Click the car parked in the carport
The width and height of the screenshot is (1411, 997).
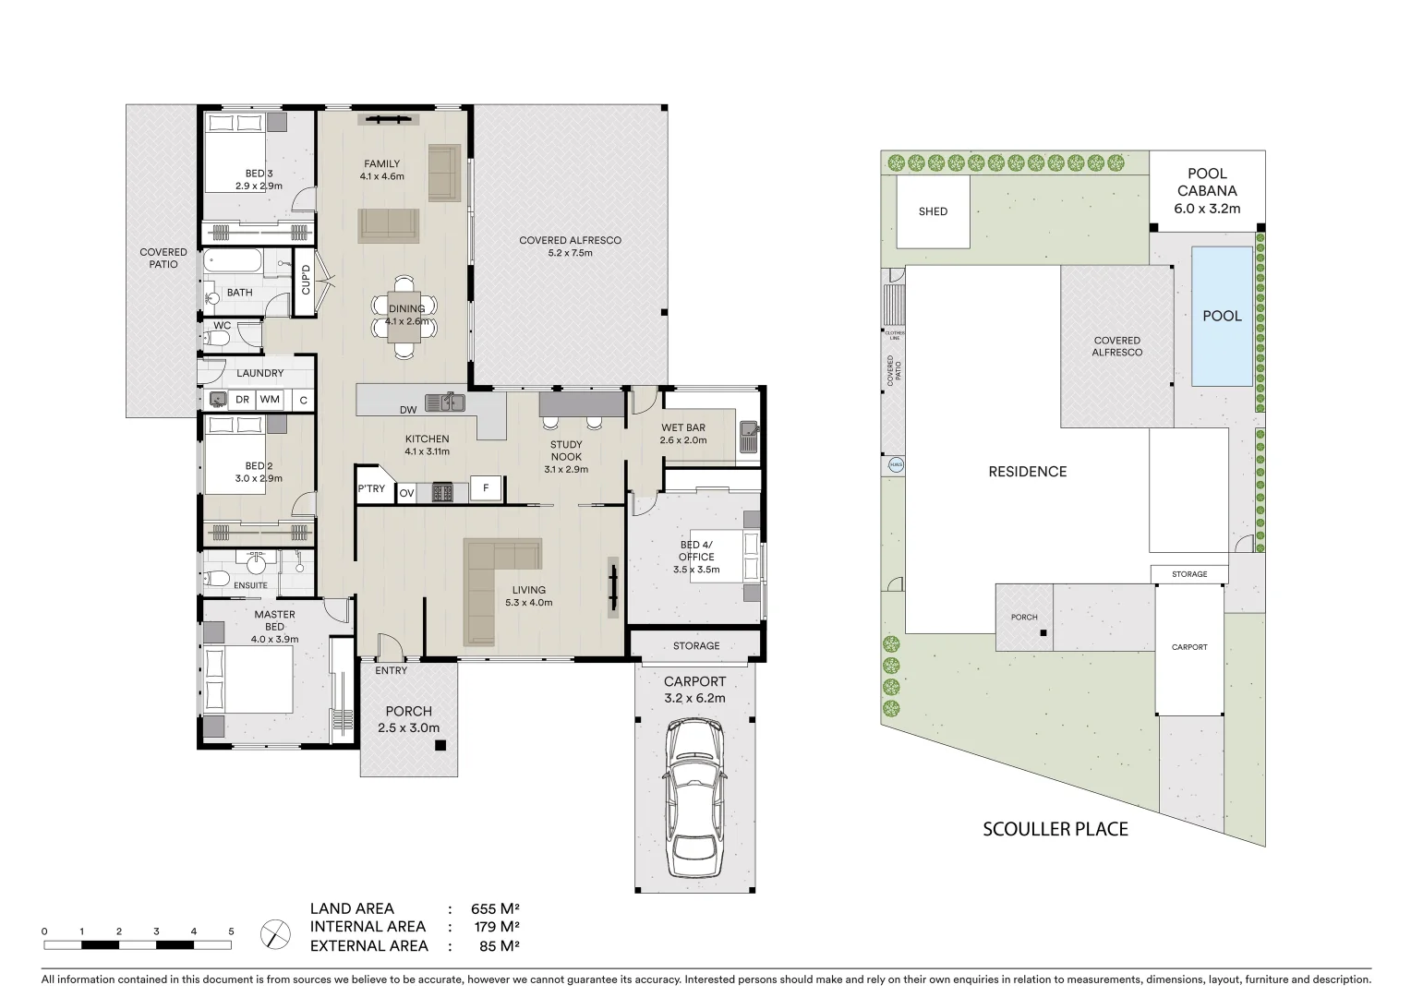point(695,799)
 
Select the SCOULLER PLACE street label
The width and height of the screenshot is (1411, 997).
point(1055,829)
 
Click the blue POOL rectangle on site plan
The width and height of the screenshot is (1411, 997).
point(1222,316)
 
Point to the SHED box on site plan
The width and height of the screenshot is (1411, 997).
point(933,211)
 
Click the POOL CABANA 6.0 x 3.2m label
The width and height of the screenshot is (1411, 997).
point(1207,191)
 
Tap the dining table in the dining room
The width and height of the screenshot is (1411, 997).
point(405,316)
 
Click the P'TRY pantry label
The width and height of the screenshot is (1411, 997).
point(371,489)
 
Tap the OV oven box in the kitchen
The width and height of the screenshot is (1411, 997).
point(406,494)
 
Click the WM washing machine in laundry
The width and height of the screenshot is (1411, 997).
point(270,400)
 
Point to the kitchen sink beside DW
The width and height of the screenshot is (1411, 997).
point(445,402)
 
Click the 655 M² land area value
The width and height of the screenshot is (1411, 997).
point(497,908)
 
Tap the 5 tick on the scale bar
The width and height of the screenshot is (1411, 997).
point(231,931)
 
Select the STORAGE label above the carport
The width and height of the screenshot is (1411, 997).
point(696,646)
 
